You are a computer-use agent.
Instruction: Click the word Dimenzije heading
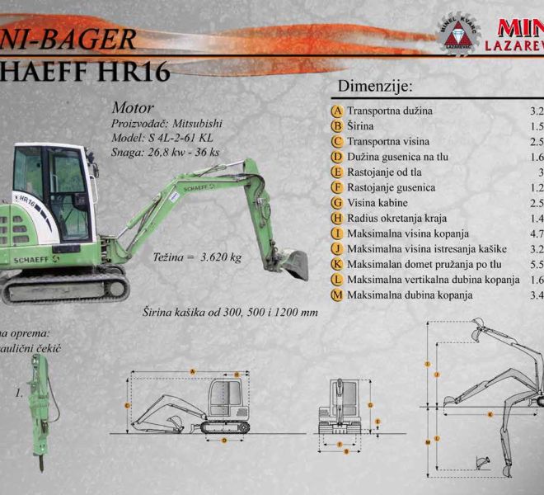pyautogui.click(x=375, y=87)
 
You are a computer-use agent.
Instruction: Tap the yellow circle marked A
pyautogui.click(x=336, y=111)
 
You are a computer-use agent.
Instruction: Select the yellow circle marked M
pyautogui.click(x=336, y=295)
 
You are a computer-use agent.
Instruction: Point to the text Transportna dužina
pyautogui.click(x=390, y=111)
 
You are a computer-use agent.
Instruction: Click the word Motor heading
pyautogui.click(x=129, y=107)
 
